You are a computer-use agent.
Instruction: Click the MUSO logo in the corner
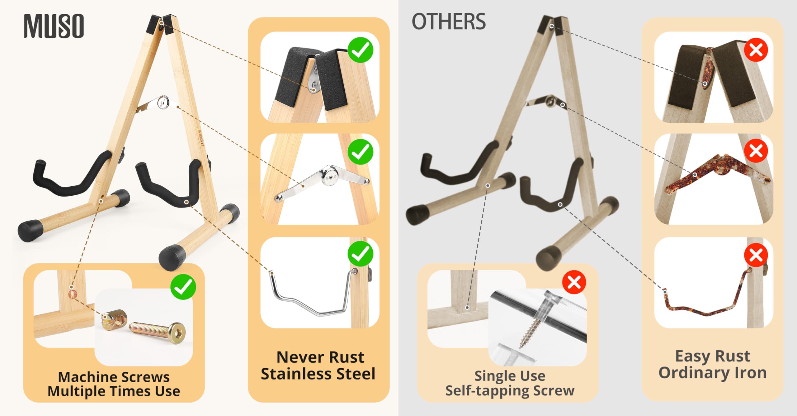54,26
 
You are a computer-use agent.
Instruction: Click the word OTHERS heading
449,22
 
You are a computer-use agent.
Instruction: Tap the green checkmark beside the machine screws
183,287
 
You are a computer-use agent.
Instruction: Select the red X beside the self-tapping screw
574,282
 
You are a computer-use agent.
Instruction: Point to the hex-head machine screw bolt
157,330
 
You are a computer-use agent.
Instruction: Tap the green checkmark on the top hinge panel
361,50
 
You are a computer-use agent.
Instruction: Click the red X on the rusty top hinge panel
756,50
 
